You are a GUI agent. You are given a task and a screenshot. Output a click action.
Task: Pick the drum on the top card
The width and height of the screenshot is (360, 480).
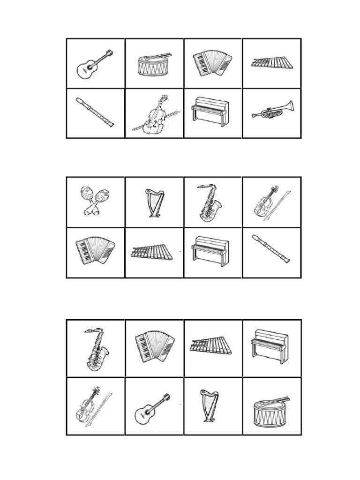click(x=154, y=65)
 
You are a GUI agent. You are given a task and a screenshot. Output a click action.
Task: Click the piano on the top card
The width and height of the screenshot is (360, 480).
click(x=210, y=111)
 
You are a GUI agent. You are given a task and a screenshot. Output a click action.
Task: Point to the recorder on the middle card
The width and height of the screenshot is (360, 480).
click(x=270, y=248)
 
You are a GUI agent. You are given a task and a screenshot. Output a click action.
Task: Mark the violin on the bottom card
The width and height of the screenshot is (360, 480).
click(x=92, y=406)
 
